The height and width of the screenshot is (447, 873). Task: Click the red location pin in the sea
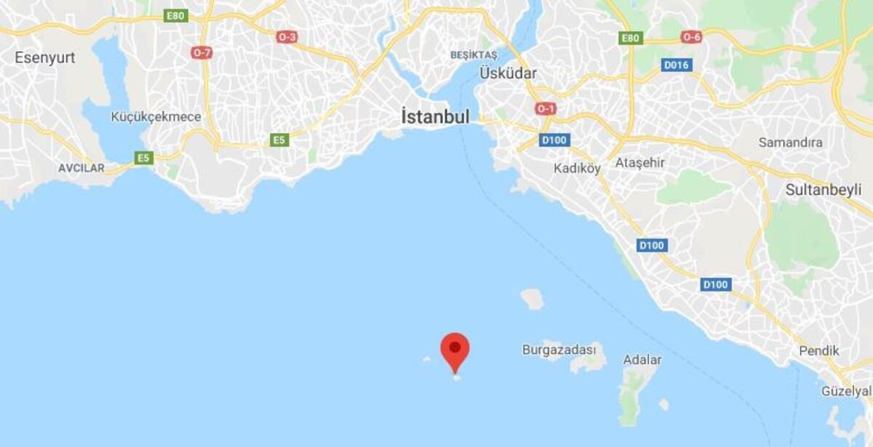455,350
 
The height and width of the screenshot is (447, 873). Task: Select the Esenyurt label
45,57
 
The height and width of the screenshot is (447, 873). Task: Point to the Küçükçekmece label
156,116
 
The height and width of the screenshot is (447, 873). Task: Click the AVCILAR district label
81,168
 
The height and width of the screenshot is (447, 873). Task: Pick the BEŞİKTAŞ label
473,55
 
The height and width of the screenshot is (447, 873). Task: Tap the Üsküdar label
508,73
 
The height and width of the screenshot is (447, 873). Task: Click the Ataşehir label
639,162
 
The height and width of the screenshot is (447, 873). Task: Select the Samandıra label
790,142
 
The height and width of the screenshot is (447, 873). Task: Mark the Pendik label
818,351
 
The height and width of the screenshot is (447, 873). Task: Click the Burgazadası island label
564,350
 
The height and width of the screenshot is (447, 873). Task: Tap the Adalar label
642,360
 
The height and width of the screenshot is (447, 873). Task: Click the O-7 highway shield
202,53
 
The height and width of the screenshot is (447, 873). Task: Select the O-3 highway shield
287,36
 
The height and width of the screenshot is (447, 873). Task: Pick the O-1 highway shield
545,108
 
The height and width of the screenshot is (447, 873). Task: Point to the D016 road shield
677,65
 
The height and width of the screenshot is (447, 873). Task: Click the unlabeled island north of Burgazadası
532,298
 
